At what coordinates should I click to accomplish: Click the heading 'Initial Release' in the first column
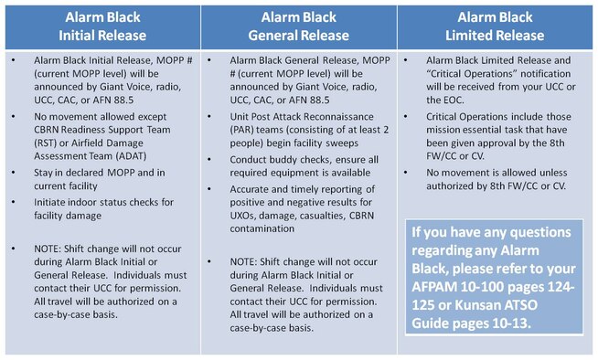coord(100,37)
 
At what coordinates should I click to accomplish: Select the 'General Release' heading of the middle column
coord(299,37)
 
